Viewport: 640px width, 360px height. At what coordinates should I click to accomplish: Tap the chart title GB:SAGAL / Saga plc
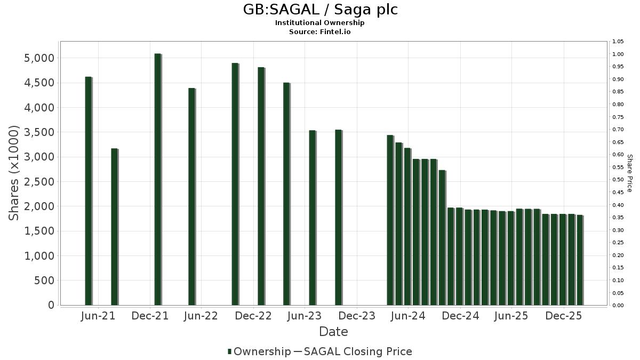click(x=320, y=10)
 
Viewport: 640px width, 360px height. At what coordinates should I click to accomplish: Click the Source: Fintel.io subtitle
click(x=320, y=31)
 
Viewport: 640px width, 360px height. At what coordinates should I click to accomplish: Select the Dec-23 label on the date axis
click(x=357, y=316)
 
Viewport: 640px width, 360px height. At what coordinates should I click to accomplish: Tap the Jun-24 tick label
click(x=408, y=316)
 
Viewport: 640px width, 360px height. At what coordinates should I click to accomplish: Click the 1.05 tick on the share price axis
click(x=618, y=42)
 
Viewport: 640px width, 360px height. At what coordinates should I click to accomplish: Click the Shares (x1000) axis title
click(x=14, y=173)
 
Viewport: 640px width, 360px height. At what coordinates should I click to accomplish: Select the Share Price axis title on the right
click(x=629, y=173)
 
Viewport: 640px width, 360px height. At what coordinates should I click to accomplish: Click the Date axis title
click(x=333, y=332)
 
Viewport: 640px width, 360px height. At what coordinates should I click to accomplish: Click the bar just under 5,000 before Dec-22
click(x=235, y=184)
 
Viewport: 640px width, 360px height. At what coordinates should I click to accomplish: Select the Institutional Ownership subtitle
click(x=320, y=23)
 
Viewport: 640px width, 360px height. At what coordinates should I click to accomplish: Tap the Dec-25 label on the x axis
click(x=563, y=316)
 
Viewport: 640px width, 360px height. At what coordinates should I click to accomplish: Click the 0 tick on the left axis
click(x=51, y=305)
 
